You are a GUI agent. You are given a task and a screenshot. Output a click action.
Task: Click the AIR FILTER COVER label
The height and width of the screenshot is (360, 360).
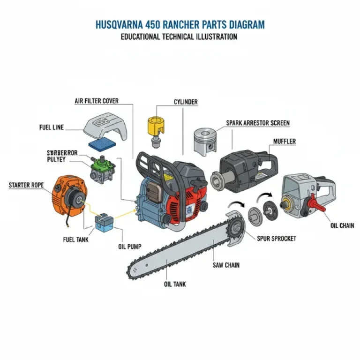pos(97,101)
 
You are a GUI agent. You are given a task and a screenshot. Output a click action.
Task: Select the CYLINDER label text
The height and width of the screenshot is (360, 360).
pos(186,102)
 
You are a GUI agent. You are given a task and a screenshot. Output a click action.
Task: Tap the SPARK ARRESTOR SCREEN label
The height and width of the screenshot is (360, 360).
pos(258,123)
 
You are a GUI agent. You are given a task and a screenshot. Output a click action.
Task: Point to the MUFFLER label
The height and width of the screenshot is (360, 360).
pos(285,142)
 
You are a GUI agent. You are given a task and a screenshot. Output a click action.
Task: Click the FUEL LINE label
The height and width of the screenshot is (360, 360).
pos(52,127)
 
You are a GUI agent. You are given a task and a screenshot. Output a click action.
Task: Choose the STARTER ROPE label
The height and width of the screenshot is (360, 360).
pos(26,186)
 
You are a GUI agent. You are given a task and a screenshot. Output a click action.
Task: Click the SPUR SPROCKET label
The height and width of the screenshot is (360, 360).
pos(277,239)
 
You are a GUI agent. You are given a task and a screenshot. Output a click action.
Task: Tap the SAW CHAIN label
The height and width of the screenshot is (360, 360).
pos(226,265)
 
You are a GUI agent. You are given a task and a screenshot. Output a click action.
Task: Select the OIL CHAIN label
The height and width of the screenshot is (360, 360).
pos(342,225)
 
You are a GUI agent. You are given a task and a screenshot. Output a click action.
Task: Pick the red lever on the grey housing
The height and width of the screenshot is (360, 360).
pos(313,205)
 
